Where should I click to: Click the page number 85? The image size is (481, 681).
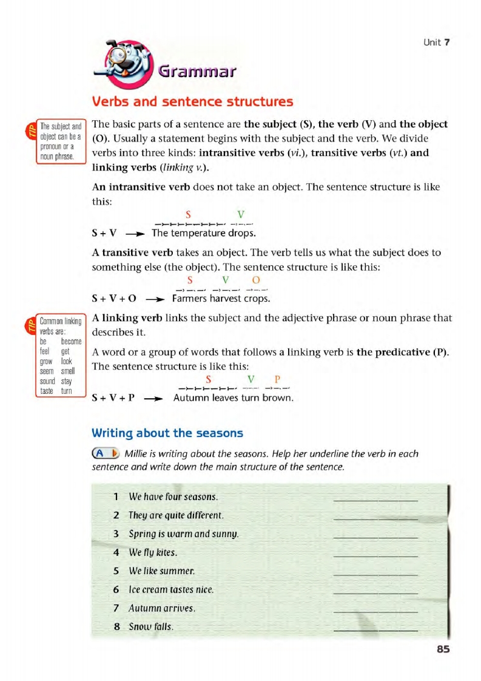pos(443,649)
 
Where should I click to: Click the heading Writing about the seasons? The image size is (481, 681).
pos(167,433)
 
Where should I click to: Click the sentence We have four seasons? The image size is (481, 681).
pos(173,497)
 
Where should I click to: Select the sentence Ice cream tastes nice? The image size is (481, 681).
pos(172,589)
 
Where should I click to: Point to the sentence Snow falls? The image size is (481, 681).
pos(151,626)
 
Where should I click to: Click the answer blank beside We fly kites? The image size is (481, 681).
pos(375,554)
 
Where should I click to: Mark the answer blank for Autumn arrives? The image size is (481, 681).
pos(375,610)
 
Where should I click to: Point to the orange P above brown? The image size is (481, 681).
pos(278,379)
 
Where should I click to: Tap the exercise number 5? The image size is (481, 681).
pos(116,571)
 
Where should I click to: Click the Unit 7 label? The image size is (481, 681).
pos(436,42)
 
